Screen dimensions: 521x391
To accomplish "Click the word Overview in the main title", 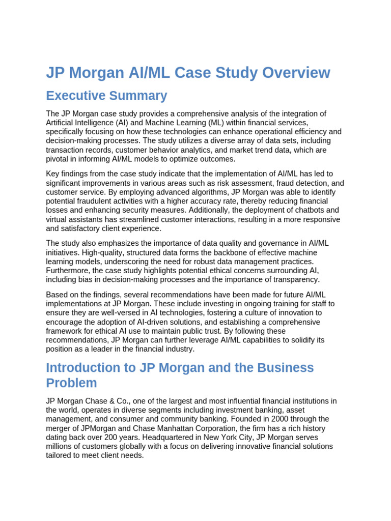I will [x=296, y=73].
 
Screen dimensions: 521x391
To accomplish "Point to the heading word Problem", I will [x=71, y=383].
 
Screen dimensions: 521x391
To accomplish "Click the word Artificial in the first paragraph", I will [x=61, y=123].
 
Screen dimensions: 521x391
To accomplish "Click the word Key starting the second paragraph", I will [x=53, y=174].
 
